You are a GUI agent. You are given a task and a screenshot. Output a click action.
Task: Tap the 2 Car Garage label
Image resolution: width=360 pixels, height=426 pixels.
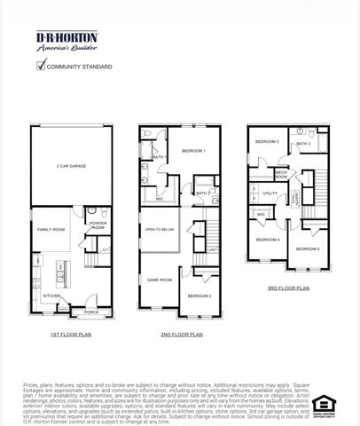pos(70,165)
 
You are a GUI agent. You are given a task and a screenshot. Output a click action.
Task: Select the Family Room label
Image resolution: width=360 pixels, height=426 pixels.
pos(51,229)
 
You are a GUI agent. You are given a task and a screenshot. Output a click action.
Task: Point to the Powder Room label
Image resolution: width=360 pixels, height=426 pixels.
pos(98,226)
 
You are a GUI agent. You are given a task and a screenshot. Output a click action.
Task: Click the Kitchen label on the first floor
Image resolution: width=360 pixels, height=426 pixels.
pos(51,296)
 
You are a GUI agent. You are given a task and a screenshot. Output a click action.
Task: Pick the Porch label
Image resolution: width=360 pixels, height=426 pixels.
pos(90,312)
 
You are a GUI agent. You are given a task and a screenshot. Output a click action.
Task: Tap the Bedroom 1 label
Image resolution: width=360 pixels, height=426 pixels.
pos(192,151)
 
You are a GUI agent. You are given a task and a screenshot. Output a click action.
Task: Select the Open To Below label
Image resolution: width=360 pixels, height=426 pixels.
pos(159,228)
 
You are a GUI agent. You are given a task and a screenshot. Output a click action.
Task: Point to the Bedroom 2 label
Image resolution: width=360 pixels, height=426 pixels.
pos(199,296)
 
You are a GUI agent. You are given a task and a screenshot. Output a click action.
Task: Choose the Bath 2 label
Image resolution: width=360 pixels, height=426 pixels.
pos(202,193)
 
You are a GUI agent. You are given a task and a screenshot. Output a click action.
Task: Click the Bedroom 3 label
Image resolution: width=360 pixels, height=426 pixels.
pos(267,142)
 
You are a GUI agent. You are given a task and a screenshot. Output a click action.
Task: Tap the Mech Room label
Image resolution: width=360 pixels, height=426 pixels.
pos(281,174)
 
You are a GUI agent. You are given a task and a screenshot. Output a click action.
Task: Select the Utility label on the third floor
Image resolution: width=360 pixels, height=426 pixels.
pos(270,193)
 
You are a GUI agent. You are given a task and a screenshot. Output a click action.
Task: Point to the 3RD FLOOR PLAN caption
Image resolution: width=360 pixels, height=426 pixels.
pos(288,288)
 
